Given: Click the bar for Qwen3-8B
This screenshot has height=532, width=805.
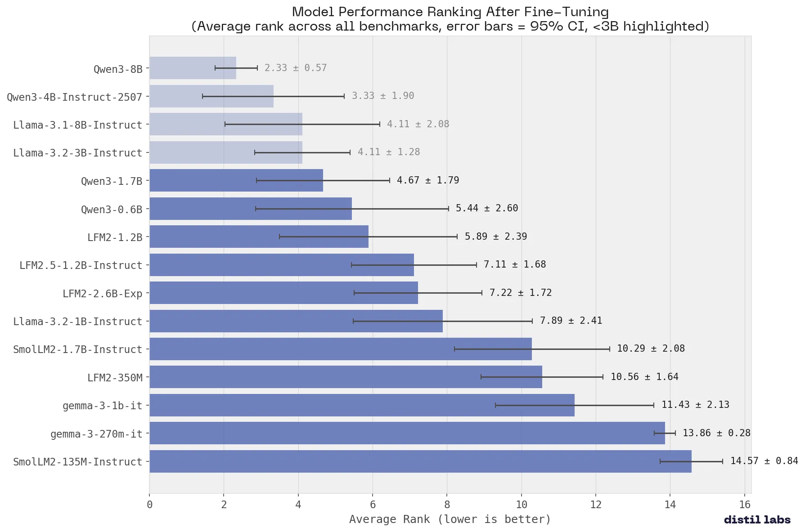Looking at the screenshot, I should pos(193,68).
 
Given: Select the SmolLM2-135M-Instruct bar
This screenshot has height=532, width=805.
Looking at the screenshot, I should pos(420,461).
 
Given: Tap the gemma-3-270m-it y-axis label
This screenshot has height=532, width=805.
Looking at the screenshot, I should pos(96,434).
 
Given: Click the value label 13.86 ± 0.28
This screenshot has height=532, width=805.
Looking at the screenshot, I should pos(716,433).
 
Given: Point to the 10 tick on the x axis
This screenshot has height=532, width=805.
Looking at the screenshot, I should pos(522,505).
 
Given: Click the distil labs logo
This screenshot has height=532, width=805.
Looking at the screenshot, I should pos(757,520).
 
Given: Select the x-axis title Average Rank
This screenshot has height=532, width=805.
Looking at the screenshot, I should pos(450,519).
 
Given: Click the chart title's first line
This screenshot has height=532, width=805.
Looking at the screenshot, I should pos(450,12).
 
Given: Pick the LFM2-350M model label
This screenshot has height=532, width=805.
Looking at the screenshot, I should pos(115,378).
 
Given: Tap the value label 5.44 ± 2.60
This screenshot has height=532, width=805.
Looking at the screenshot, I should pos(487,208).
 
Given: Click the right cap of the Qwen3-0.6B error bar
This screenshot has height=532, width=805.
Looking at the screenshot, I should pos(448,209).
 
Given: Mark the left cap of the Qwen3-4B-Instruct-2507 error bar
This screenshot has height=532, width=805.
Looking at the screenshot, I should pos(202,96).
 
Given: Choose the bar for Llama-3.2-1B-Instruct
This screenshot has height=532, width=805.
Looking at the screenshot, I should pos(296,321).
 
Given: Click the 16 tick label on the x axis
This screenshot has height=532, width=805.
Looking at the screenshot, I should pos(745,505).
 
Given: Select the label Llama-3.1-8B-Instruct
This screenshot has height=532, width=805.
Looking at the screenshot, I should pos(77,125).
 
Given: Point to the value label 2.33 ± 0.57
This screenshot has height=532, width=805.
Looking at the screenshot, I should pos(295,68).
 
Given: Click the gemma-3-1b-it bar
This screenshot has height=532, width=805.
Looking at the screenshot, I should pos(361,405).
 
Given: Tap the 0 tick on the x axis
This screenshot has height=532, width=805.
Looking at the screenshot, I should pos(149,505).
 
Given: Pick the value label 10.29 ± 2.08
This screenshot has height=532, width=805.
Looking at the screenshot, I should pos(651,349).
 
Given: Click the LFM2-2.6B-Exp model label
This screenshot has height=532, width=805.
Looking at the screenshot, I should pos(102,294).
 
